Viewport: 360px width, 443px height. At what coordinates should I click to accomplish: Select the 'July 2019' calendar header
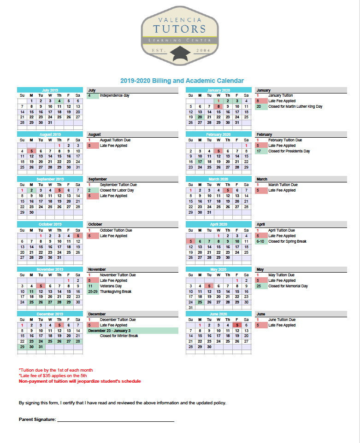click(x=50, y=90)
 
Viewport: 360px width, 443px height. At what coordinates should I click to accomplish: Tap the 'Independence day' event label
click(x=114, y=95)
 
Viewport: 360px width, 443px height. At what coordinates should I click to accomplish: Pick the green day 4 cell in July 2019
click(x=59, y=101)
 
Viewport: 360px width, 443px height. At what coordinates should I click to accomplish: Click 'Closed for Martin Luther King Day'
click(x=295, y=106)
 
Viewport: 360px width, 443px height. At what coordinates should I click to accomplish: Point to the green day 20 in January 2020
click(x=200, y=117)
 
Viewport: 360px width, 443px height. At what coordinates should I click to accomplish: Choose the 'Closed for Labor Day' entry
click(x=117, y=190)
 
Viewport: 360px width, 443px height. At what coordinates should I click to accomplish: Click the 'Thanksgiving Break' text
click(x=116, y=291)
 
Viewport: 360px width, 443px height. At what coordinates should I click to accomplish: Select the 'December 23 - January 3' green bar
click(x=132, y=331)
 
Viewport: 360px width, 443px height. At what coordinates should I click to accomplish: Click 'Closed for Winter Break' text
click(x=119, y=336)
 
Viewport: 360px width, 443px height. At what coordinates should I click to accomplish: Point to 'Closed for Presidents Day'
click(x=289, y=151)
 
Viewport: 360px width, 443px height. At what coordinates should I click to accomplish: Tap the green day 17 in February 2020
click(x=200, y=162)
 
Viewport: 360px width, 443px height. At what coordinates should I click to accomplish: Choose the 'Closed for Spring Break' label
click(x=287, y=241)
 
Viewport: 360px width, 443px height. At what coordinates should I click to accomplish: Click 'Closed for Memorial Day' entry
click(x=288, y=286)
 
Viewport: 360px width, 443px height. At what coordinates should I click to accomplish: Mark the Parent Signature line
click(x=115, y=420)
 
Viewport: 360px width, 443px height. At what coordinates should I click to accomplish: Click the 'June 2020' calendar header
click(x=218, y=314)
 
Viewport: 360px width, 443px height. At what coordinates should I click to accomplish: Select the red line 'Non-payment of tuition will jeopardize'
click(x=80, y=381)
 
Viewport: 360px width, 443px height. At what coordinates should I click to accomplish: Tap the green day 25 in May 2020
click(x=200, y=302)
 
